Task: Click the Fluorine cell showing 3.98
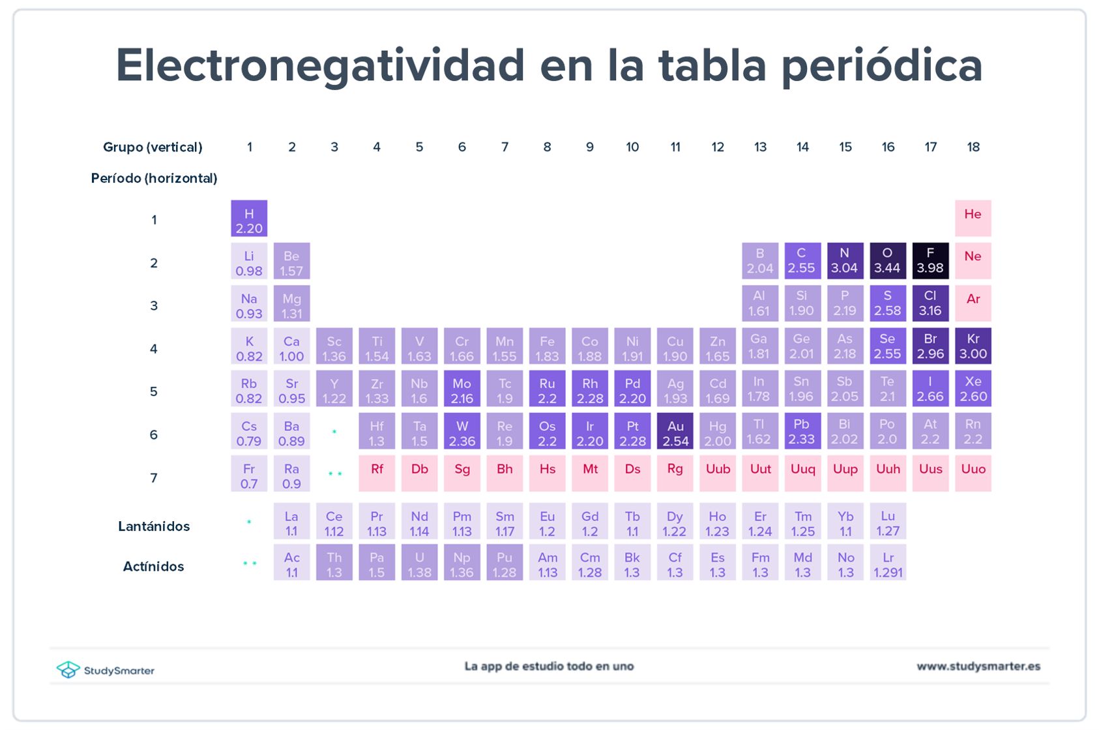point(930,261)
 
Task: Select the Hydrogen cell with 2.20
point(249,219)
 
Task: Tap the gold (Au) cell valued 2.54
point(675,431)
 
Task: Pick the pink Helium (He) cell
point(973,219)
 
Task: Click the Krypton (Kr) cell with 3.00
point(973,346)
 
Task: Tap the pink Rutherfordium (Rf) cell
point(377,474)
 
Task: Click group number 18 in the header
point(973,147)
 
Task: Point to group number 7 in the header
point(505,147)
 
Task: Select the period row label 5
point(154,392)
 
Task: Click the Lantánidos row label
point(154,526)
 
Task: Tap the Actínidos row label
point(154,567)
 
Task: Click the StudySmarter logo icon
point(68,669)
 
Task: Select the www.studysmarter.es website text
point(978,667)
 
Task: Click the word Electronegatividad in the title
point(320,66)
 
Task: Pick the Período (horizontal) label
point(154,179)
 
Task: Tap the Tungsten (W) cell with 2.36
point(462,431)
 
